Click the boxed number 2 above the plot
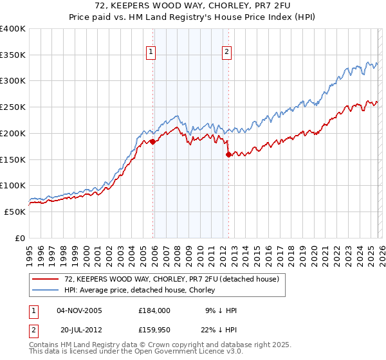click(x=228, y=53)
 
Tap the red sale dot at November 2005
click(x=152, y=141)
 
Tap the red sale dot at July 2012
click(x=228, y=154)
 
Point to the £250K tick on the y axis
click(x=13, y=107)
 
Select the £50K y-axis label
click(x=15, y=212)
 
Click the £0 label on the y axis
click(x=19, y=238)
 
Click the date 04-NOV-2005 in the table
click(x=80, y=310)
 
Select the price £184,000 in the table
click(x=154, y=310)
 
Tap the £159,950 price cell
click(x=154, y=330)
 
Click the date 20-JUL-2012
click(x=79, y=330)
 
